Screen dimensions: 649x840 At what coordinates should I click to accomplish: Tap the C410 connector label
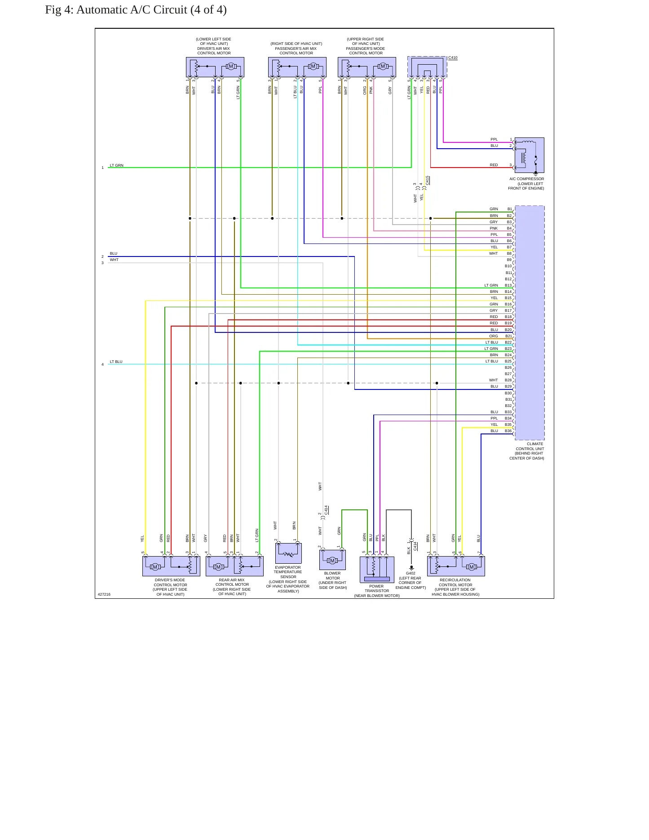point(453,58)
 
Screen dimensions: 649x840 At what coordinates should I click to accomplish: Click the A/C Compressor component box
point(530,155)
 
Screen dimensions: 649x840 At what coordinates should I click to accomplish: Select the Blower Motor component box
point(333,560)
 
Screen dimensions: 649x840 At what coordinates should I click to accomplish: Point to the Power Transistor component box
point(377,570)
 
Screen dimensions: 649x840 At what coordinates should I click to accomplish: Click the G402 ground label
point(411,573)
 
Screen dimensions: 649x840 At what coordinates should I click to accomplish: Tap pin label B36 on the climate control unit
point(508,431)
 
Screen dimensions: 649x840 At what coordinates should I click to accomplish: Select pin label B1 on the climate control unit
point(509,209)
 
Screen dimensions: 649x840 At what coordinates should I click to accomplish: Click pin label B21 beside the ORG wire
point(508,336)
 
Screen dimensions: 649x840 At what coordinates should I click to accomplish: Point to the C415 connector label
point(428,180)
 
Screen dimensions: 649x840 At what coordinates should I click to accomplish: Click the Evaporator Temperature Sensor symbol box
point(288,553)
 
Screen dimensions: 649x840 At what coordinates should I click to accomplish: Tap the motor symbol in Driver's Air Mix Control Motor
point(231,66)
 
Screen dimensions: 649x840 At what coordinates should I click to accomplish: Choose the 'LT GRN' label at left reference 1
point(117,165)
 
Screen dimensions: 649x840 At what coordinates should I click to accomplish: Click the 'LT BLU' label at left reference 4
point(116,362)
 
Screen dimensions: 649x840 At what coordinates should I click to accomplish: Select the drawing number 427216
point(104,594)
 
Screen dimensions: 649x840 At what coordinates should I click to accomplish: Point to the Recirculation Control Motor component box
point(456,566)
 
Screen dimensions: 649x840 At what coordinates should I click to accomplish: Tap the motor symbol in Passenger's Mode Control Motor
point(383,66)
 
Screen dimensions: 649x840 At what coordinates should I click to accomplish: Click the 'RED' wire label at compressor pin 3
point(494,165)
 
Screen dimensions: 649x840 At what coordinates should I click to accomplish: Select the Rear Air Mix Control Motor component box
point(234,566)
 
